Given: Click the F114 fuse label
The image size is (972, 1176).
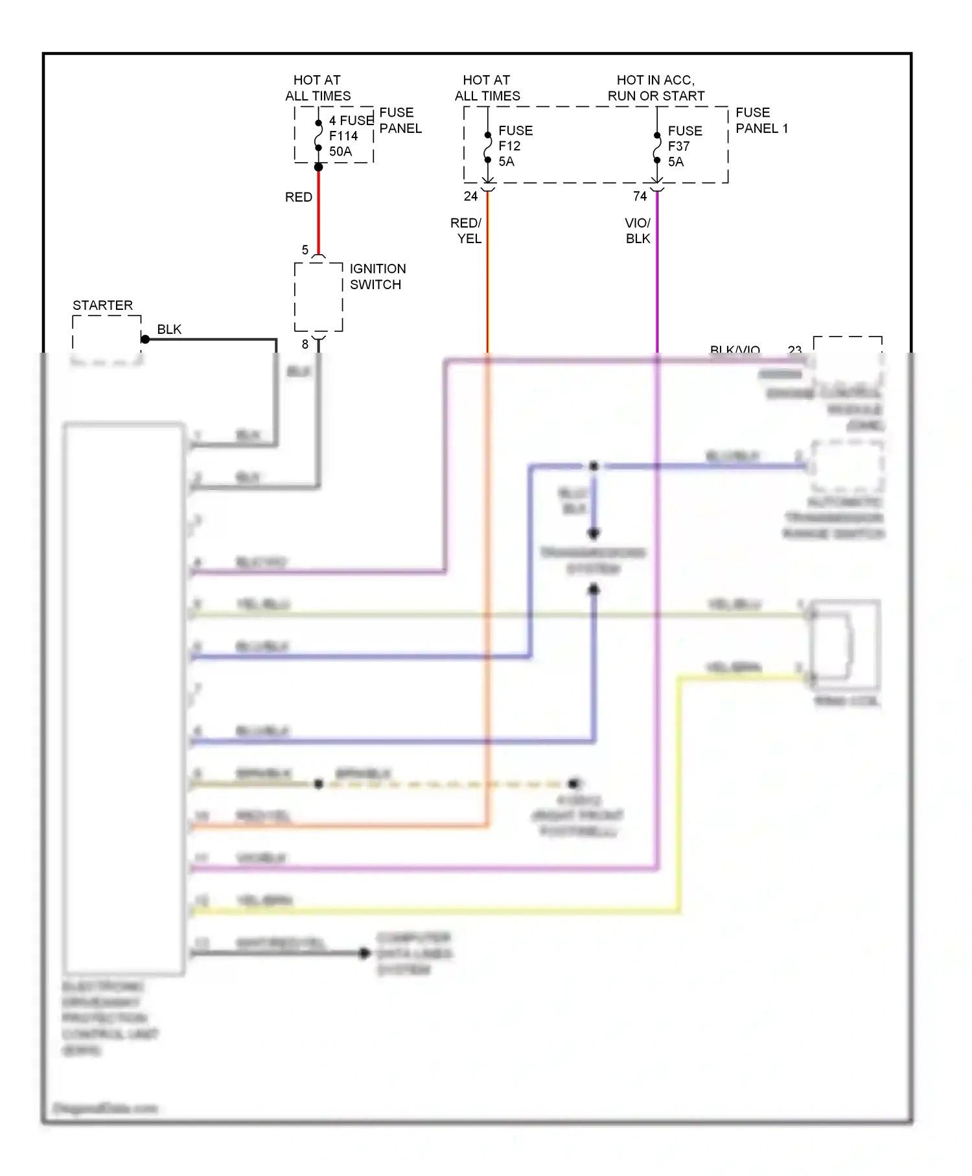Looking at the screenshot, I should [x=343, y=136].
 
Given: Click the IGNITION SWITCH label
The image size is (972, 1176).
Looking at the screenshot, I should [x=378, y=277].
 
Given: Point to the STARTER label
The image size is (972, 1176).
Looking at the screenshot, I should [x=102, y=305].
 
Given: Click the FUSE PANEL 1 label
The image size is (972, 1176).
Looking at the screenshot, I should [x=761, y=121].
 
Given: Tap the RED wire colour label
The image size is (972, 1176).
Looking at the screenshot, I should [x=299, y=197].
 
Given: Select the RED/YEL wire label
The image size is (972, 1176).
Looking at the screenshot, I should [x=467, y=231].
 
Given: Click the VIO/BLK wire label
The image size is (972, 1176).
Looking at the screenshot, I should [x=638, y=231].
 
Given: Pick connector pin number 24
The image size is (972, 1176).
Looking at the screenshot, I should [x=471, y=196].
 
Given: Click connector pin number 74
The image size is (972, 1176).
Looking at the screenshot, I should [x=640, y=196].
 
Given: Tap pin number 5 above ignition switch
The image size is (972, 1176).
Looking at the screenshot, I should [x=305, y=250].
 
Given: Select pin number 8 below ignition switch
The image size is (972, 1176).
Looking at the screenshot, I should [x=305, y=344].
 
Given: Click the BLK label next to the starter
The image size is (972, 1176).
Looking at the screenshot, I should [x=169, y=329].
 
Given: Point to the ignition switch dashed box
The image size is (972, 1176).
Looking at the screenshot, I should [x=318, y=298].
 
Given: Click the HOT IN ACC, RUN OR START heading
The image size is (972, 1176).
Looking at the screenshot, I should [x=656, y=88].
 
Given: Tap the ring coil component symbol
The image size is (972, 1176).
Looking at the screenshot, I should [x=845, y=644].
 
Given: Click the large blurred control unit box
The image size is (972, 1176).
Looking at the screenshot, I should [x=124, y=699].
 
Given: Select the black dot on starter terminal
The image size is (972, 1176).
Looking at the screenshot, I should [x=145, y=339].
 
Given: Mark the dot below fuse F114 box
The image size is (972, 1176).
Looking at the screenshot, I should [x=318, y=167].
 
